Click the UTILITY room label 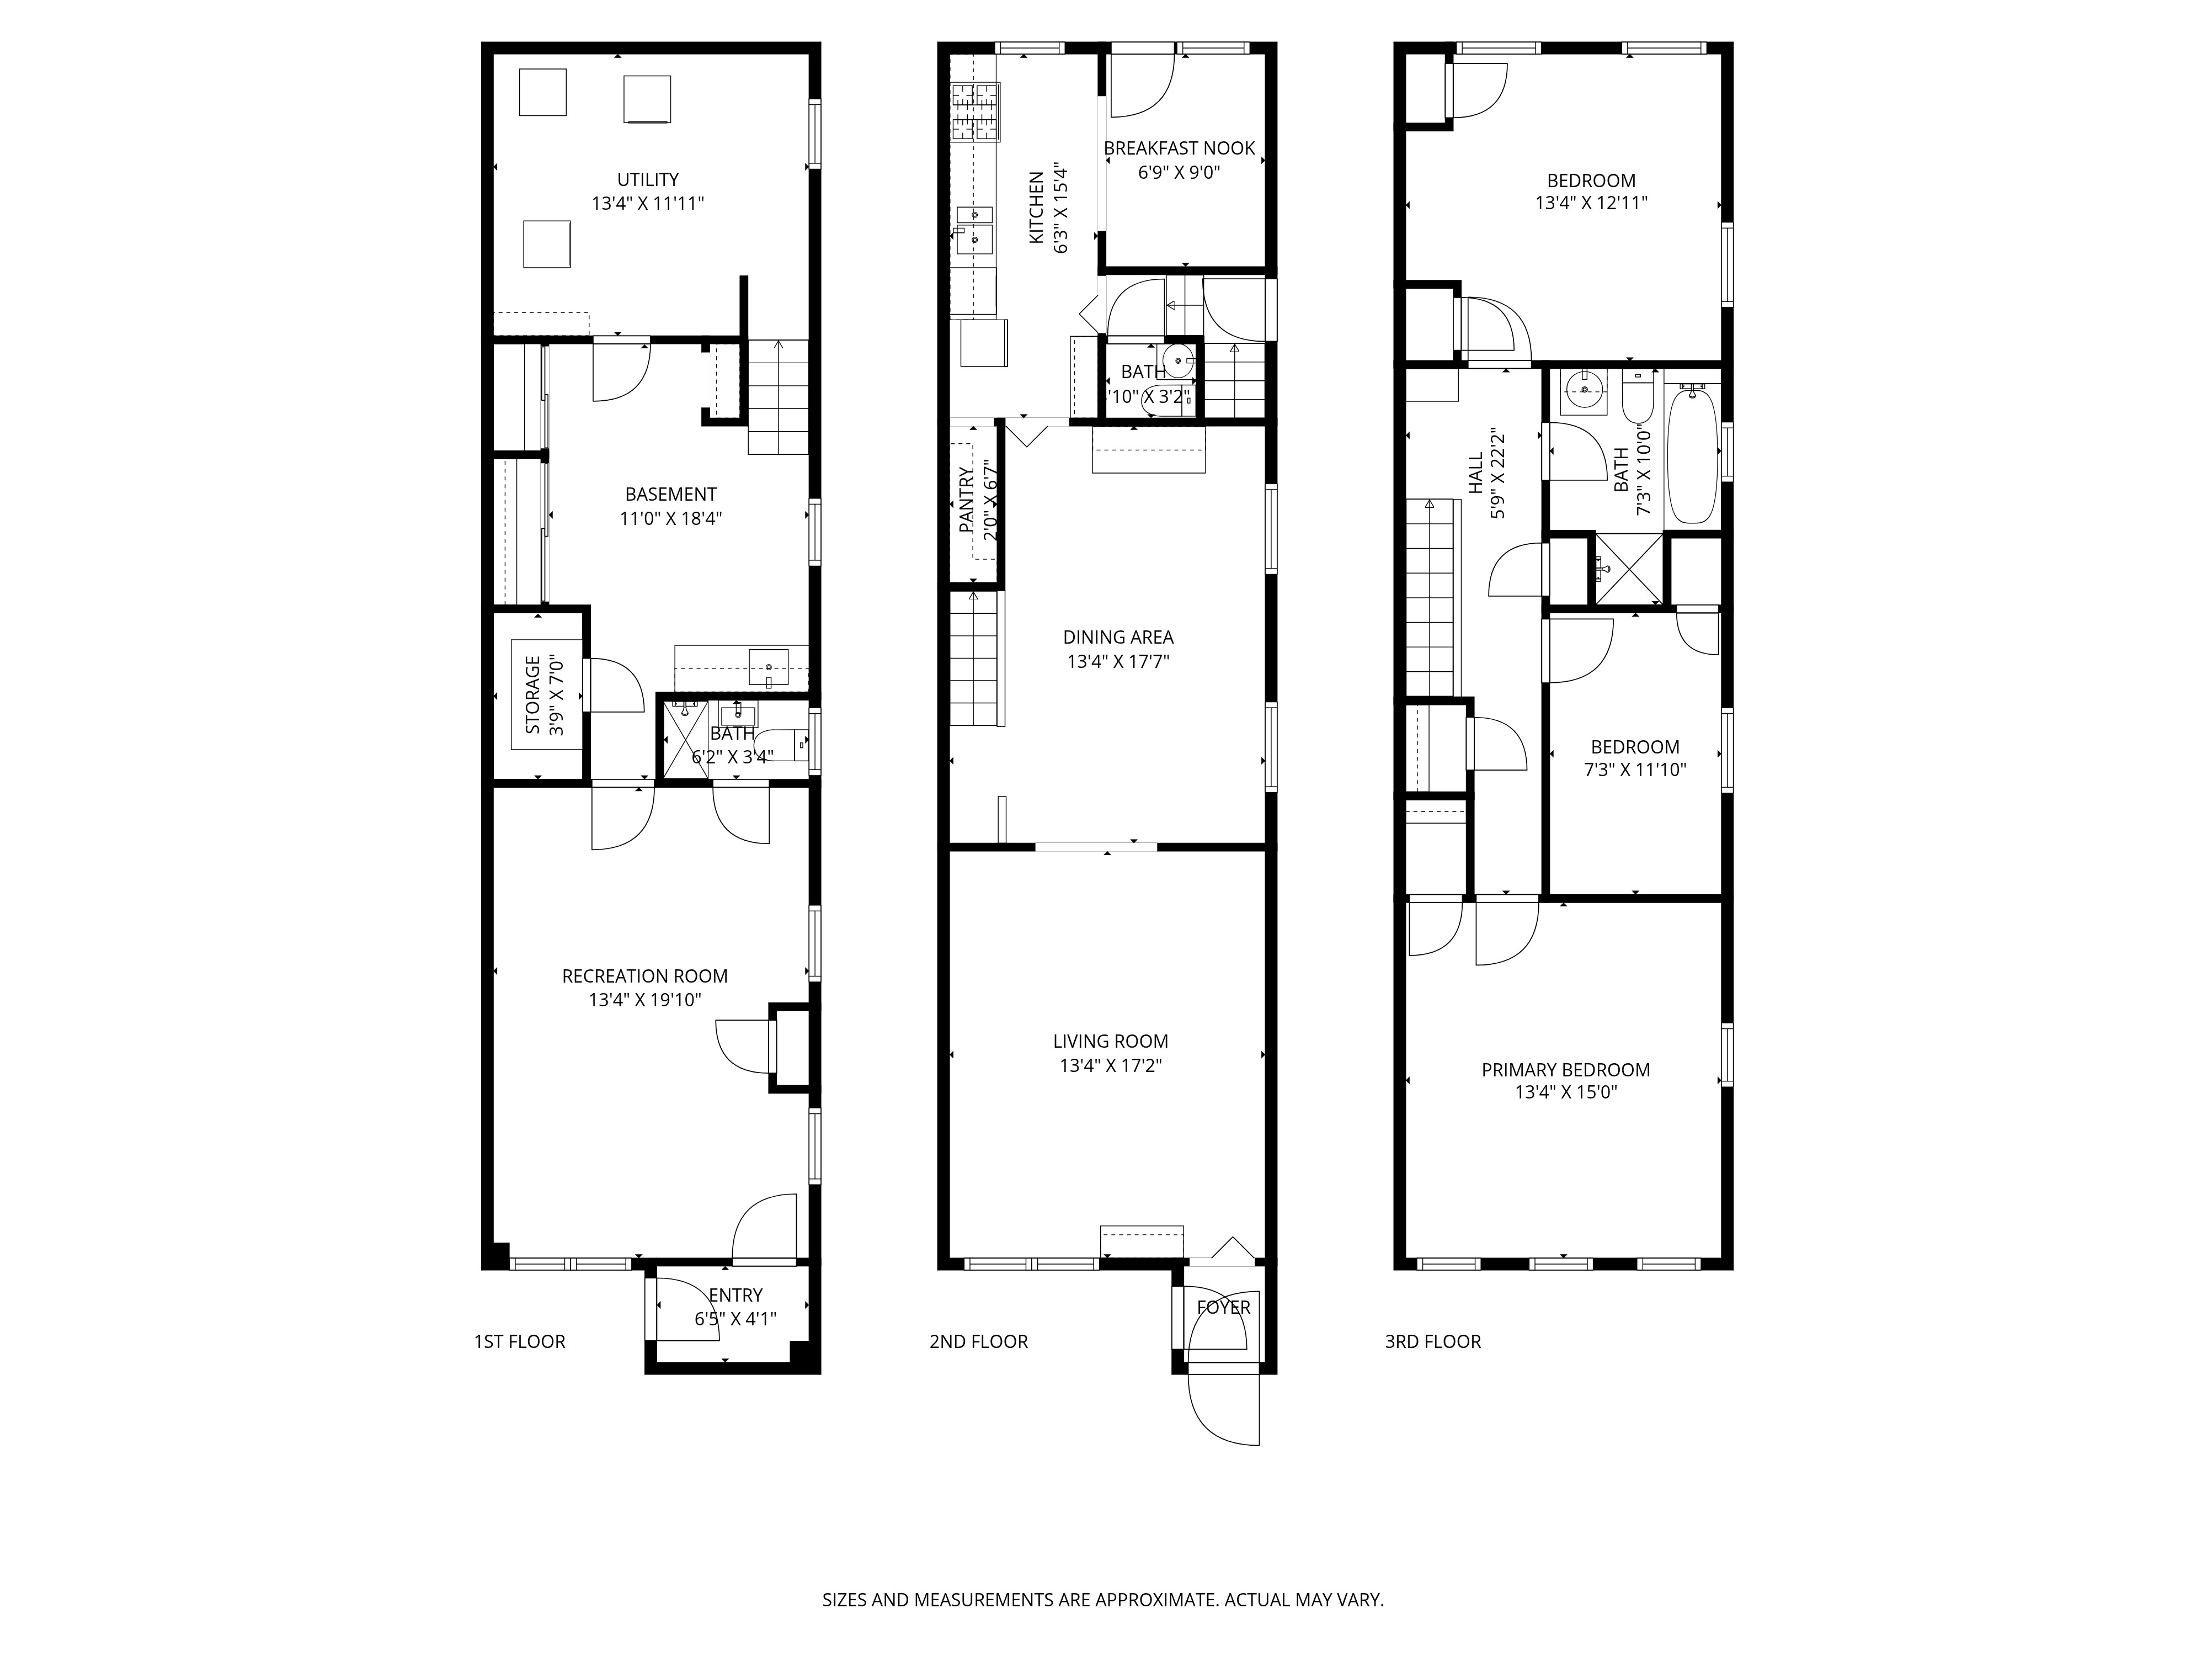click(648, 179)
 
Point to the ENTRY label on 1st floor click(735, 1296)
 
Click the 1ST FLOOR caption click(519, 1341)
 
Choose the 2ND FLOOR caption click(978, 1341)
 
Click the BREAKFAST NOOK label click(1179, 148)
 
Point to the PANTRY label click(966, 500)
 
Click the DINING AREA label click(1117, 637)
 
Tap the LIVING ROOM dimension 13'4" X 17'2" click(1111, 1065)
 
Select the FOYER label click(1223, 1308)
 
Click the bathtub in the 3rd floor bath click(1692, 455)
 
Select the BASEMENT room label click(670, 494)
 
